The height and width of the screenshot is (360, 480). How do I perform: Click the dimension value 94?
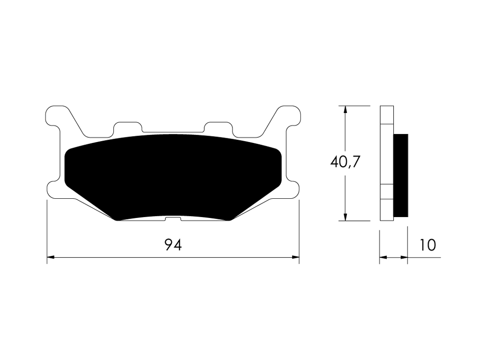pos(173,245)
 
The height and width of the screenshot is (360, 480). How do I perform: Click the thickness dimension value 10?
pos(427,245)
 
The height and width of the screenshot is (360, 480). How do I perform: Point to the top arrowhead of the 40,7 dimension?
pos(345,110)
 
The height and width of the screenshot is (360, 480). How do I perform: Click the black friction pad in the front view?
pos(173,176)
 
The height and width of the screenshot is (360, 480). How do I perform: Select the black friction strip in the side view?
pos(401,175)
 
